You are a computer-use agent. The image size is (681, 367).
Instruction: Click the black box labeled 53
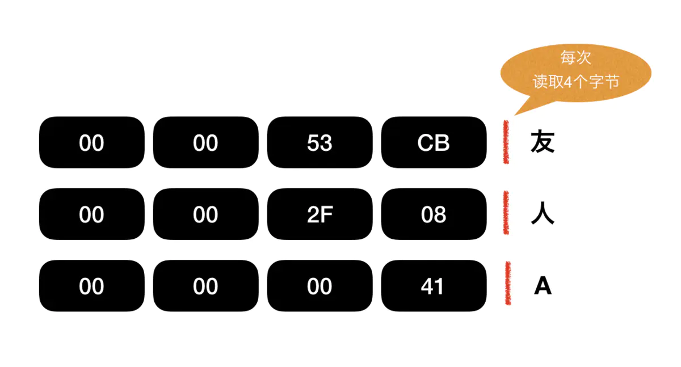(320, 142)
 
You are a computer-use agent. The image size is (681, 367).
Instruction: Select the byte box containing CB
(434, 142)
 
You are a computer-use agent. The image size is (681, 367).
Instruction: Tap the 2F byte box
(320, 214)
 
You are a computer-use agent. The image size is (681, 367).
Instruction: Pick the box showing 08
(434, 214)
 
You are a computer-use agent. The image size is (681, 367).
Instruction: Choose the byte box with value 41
(434, 286)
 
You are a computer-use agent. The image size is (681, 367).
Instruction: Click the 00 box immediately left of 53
(205, 142)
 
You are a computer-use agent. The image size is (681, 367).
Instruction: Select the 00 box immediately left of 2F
(205, 214)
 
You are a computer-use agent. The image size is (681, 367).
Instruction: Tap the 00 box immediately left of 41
(320, 286)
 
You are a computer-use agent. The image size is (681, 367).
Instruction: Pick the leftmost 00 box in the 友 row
(91, 142)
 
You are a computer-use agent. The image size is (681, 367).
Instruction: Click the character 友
(542, 142)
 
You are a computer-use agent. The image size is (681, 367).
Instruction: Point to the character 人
(542, 214)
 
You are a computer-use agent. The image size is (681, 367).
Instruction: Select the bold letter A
(543, 286)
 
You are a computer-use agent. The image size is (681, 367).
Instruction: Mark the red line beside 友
(505, 142)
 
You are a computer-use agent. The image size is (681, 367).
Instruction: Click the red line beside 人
(506, 213)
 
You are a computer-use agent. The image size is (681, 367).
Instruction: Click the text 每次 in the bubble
(575, 58)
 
